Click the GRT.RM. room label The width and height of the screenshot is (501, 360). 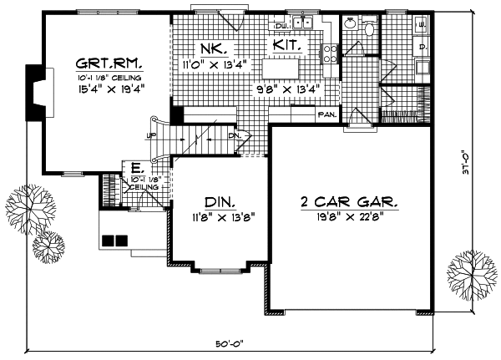(x=108, y=63)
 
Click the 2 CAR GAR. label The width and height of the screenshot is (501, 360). (x=349, y=201)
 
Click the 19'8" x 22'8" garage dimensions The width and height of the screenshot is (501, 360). (x=349, y=216)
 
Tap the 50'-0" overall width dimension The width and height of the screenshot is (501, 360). (x=230, y=344)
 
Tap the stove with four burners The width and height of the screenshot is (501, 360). (x=330, y=53)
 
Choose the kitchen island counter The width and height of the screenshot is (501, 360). (x=288, y=67)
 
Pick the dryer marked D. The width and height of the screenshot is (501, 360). (x=422, y=46)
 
